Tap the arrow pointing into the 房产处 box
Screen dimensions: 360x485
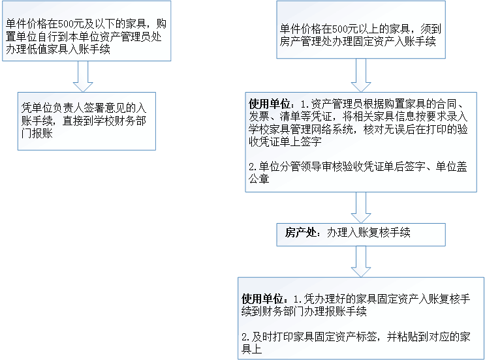point(361,209)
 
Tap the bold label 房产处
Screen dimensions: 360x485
point(300,233)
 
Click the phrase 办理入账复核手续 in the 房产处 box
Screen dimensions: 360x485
point(369,233)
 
